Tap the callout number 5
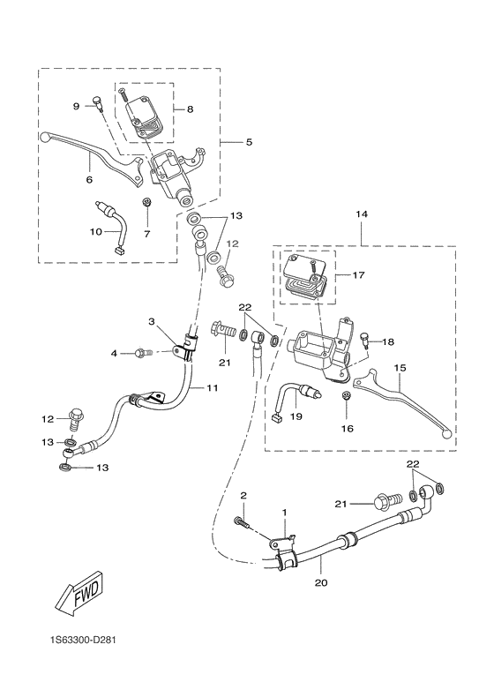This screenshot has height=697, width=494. (248, 140)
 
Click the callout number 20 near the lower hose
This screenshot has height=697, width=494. (319, 582)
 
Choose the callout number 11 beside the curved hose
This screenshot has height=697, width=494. (212, 386)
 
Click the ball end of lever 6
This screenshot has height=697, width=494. (46, 137)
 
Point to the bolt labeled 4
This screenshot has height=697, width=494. (141, 354)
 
